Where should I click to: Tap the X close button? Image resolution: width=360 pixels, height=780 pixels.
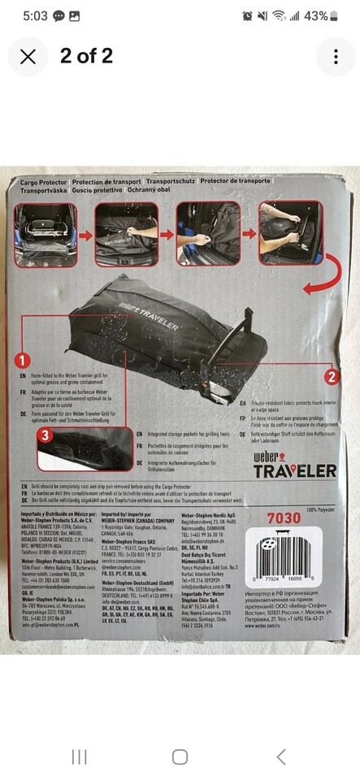point(28,56)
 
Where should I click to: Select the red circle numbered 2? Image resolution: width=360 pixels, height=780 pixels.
point(331,376)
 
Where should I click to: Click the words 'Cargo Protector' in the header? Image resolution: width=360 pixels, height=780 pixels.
point(46,184)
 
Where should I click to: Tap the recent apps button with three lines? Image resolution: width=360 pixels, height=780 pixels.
point(80,756)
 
